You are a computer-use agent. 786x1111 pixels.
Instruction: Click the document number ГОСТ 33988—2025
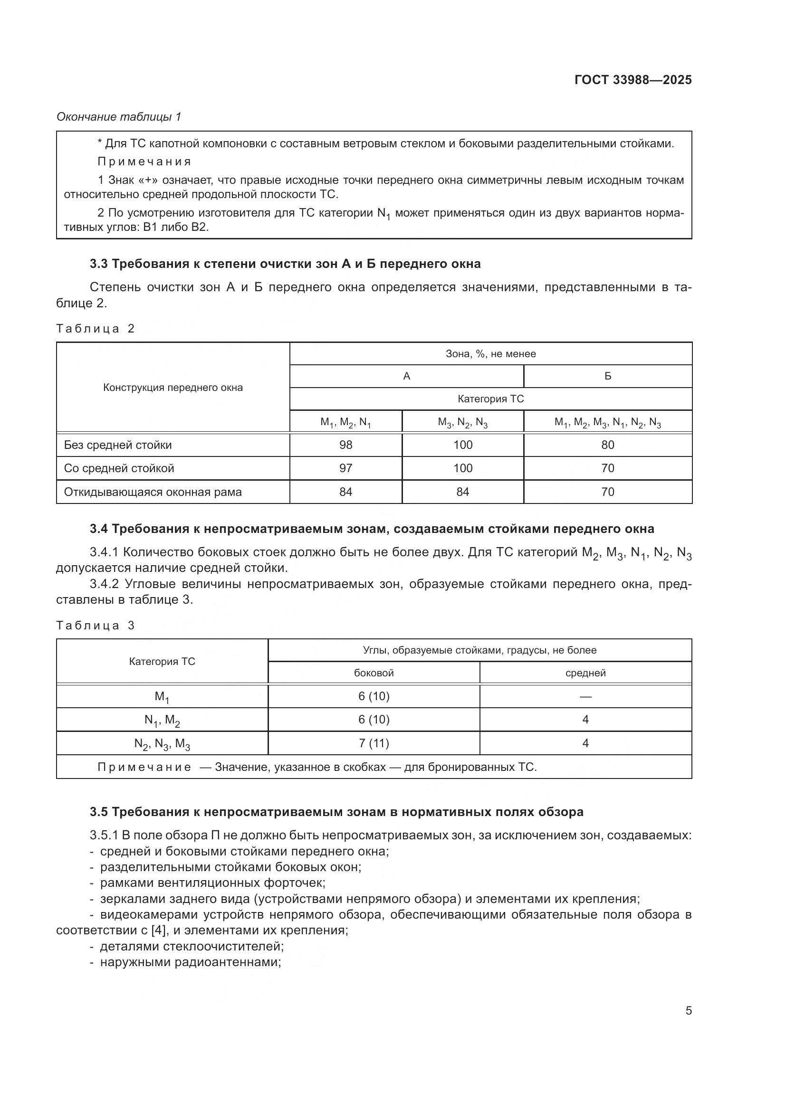(x=633, y=80)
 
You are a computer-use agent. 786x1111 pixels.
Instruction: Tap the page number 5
(x=688, y=1011)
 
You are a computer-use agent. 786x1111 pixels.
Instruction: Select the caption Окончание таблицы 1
(x=119, y=117)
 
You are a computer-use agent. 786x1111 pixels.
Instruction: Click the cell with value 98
(x=345, y=445)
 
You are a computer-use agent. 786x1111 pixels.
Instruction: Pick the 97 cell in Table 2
(x=345, y=468)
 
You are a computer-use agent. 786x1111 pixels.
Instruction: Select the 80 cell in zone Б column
(x=607, y=445)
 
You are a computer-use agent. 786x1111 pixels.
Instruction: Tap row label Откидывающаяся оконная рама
(x=153, y=492)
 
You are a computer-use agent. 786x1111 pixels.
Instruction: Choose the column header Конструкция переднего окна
(x=173, y=388)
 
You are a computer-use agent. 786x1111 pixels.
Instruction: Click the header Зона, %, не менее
(x=490, y=354)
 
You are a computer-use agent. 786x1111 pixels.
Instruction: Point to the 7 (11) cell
(x=374, y=743)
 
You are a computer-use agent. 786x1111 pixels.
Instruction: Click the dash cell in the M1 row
(x=585, y=697)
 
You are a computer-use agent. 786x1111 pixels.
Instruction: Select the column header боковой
(x=374, y=673)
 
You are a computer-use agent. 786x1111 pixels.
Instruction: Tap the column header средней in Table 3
(x=585, y=673)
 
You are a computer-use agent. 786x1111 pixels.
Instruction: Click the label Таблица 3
(x=96, y=626)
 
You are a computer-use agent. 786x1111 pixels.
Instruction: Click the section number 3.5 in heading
(x=98, y=812)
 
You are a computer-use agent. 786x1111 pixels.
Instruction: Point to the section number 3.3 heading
(x=98, y=264)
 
